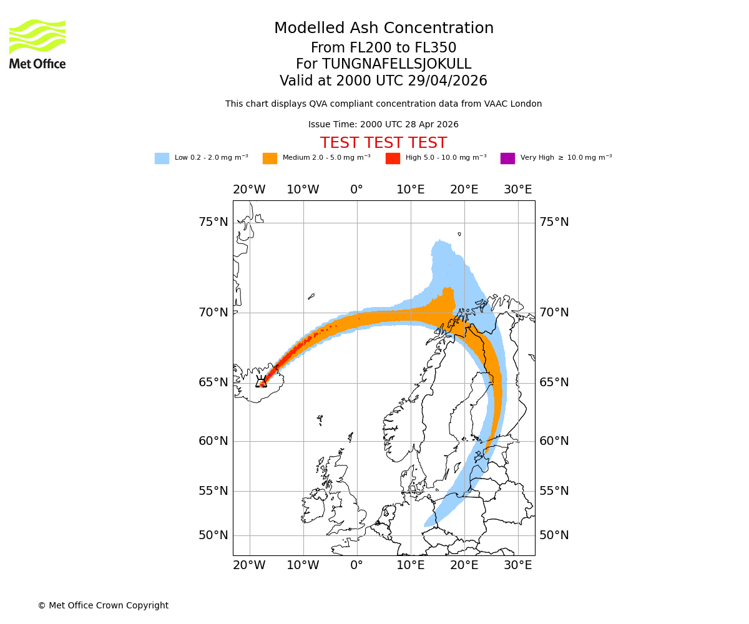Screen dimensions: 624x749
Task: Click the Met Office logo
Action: tap(37, 44)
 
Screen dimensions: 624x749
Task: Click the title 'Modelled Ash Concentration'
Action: tap(383, 29)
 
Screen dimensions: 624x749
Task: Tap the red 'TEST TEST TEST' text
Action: tap(383, 143)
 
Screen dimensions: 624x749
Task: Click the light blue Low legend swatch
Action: tap(162, 158)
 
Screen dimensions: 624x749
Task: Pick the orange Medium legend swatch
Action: tap(270, 158)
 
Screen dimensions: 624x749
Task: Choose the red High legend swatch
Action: tap(393, 158)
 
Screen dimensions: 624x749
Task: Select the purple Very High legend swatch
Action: tap(507, 158)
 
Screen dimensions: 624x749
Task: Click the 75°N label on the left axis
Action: tap(213, 222)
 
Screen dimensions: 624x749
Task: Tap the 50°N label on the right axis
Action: tap(554, 535)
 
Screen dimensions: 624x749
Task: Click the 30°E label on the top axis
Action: tap(518, 190)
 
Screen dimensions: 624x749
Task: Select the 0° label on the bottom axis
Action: tap(356, 565)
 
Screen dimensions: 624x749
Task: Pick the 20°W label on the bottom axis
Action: tap(249, 565)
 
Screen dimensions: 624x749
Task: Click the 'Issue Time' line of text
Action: tap(383, 125)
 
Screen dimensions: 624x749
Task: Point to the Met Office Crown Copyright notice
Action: tap(103, 605)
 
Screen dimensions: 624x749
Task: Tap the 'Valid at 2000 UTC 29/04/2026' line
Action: tap(383, 81)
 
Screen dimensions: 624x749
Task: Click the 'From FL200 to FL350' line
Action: tap(383, 48)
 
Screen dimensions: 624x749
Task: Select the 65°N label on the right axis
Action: tap(554, 383)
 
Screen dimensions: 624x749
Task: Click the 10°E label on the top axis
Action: tap(411, 190)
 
